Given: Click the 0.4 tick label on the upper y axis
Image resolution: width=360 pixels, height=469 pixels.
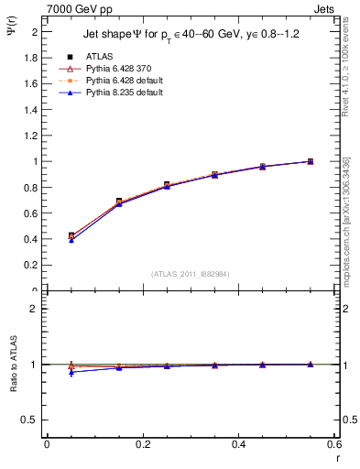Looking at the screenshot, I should pos(32,240).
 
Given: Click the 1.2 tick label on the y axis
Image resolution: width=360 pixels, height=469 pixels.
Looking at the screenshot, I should pos(32,136).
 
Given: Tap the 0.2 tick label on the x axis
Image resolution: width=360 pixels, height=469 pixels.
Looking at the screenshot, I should pos(143,444).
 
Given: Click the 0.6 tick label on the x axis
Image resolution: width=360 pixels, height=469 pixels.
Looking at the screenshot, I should pos(335,444).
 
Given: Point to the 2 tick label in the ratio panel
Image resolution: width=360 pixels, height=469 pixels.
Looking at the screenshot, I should pos(35,309).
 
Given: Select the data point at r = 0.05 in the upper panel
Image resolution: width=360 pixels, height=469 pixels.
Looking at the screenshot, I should pos(71,236).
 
